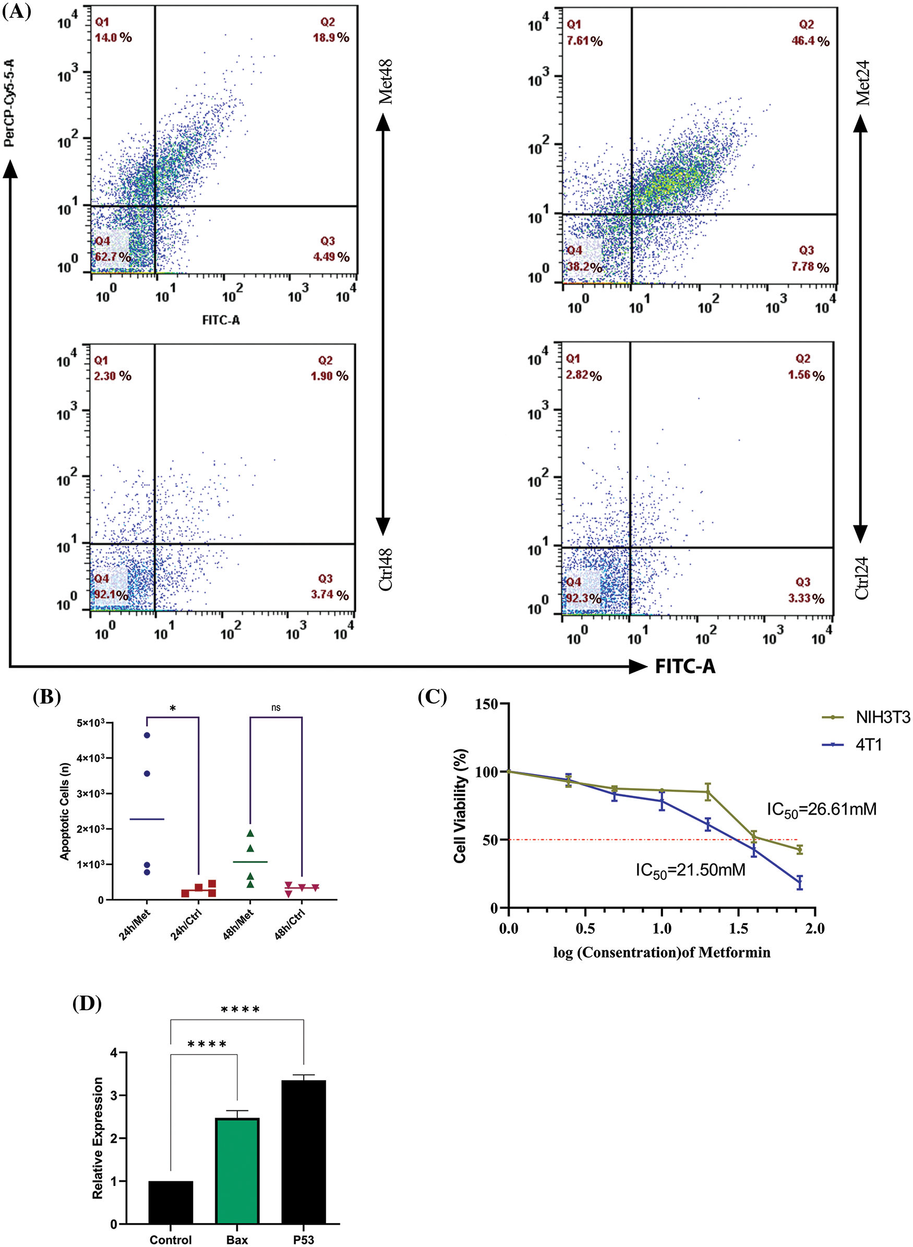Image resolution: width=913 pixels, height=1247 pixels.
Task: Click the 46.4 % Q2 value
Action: pos(810,41)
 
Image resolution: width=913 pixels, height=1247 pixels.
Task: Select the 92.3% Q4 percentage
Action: pos(583,598)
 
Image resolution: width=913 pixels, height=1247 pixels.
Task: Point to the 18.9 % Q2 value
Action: pos(331,38)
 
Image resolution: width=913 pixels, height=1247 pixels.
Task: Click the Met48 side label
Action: pos(385,82)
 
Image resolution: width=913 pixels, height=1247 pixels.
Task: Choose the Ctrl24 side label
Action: pos(862,578)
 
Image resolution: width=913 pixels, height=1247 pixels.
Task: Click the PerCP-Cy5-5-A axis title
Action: pos(9,103)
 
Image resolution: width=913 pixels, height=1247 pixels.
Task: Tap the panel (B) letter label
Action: pos(47,697)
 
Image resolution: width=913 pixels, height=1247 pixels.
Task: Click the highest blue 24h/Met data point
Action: pos(147,735)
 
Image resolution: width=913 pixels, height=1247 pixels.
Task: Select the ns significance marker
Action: pos(276,708)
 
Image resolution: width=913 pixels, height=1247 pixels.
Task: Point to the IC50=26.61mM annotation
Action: pos(821,810)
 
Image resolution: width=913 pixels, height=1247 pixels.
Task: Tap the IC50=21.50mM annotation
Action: pos(690,871)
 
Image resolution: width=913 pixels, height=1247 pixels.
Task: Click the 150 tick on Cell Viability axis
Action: pos(487,704)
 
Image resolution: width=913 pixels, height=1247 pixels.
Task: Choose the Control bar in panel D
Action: pos(171,1202)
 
